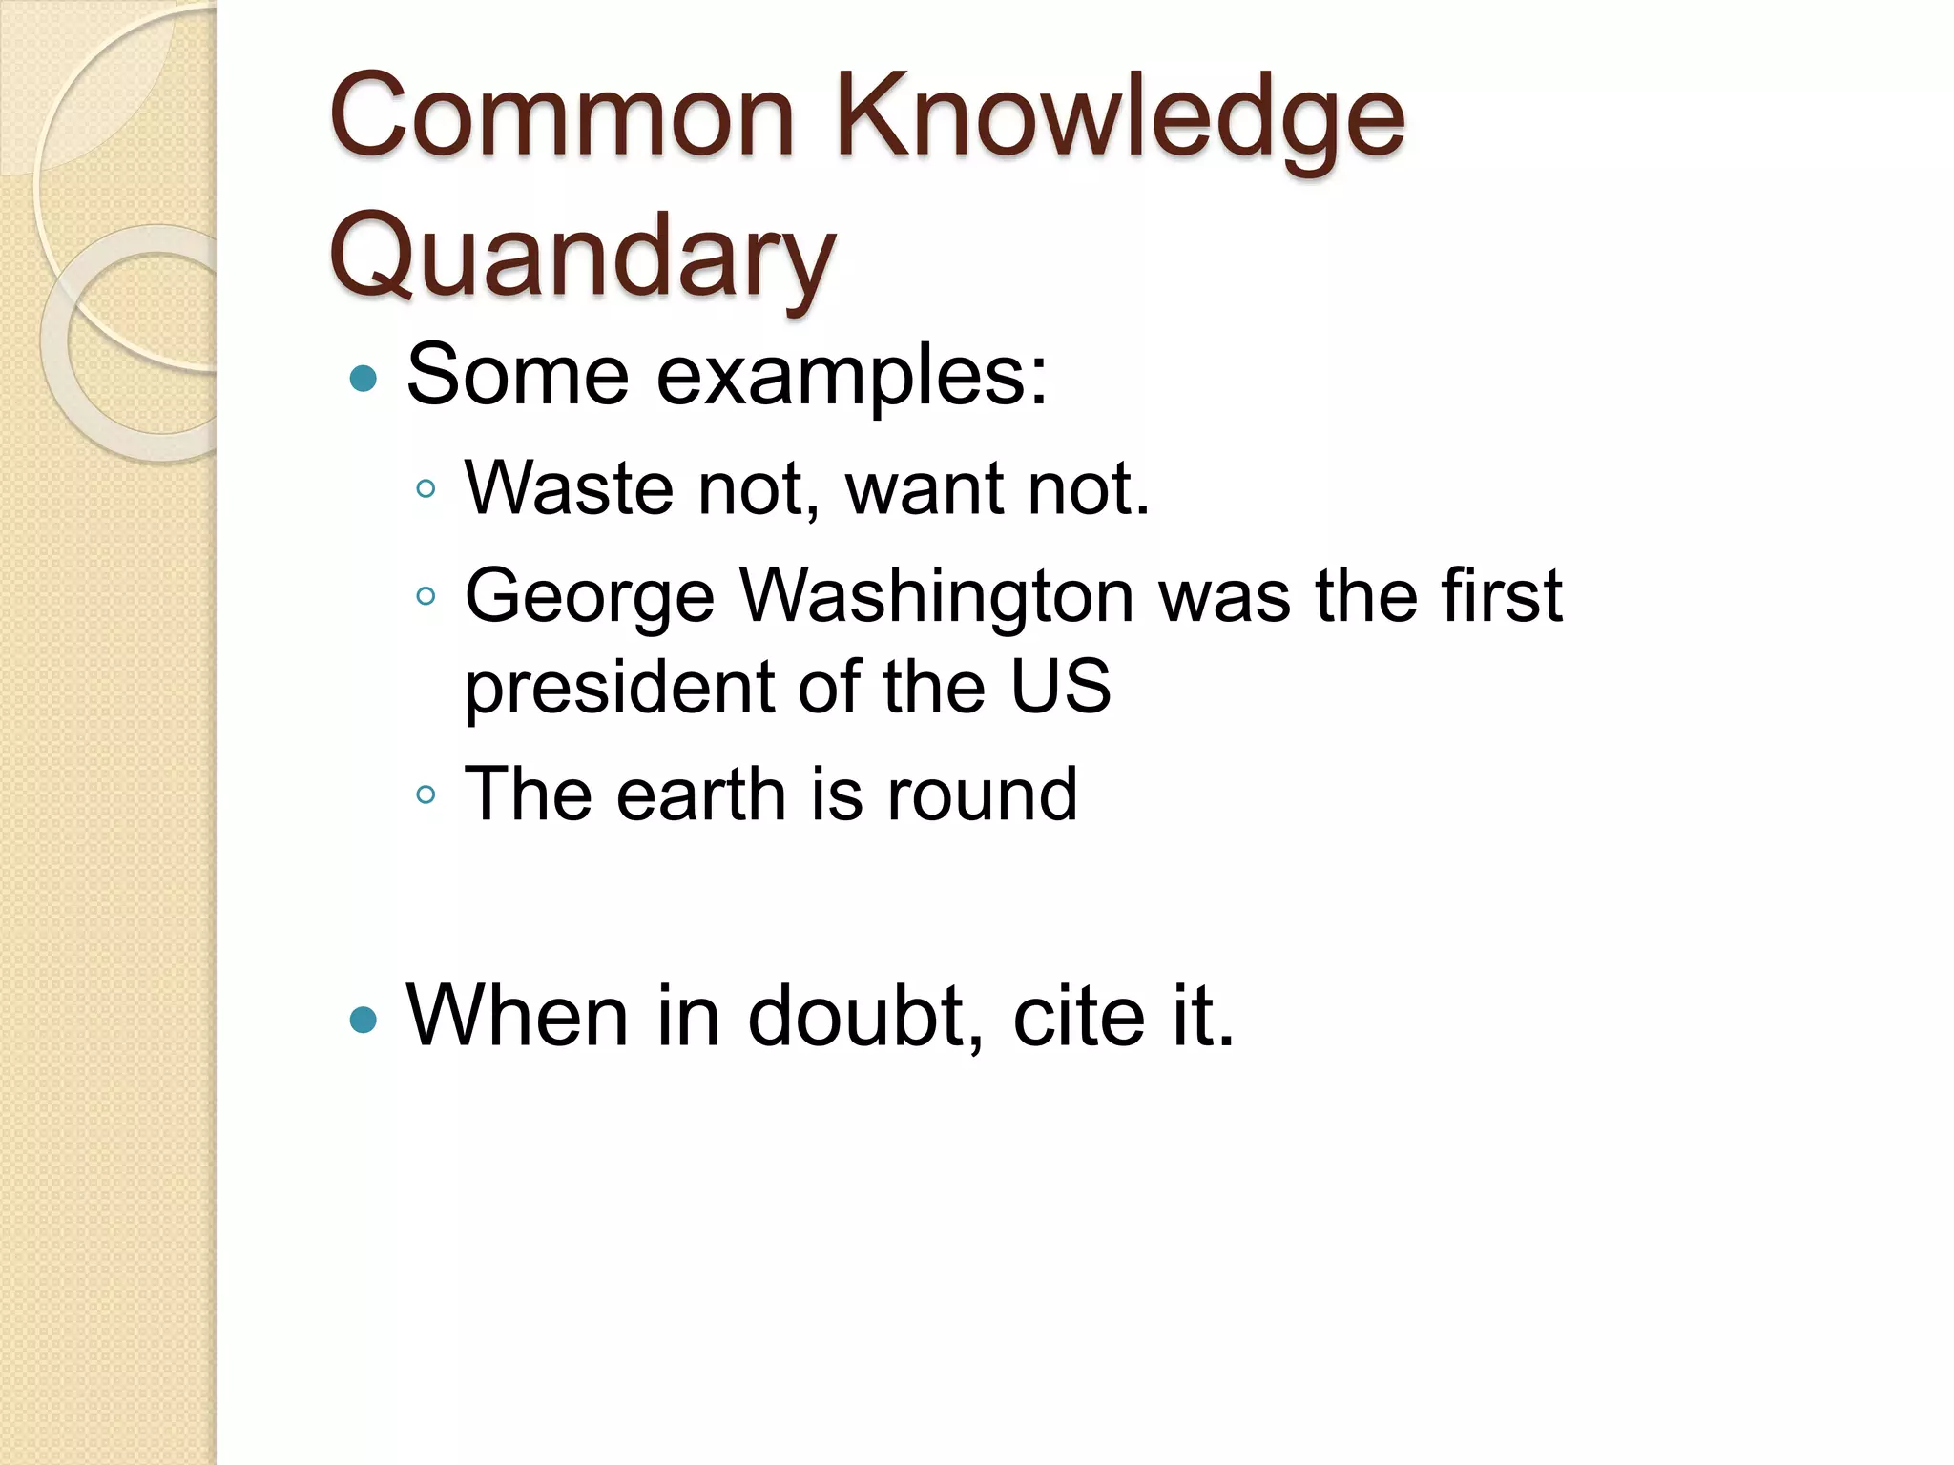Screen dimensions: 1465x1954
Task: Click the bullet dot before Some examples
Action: [364, 380]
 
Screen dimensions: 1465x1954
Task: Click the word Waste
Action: [569, 488]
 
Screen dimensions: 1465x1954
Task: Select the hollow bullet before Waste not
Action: [426, 490]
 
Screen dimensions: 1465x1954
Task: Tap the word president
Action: [620, 689]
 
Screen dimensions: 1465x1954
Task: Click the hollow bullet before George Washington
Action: [426, 597]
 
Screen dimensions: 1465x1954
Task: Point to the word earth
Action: [701, 794]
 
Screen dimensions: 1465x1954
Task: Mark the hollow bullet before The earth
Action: [426, 794]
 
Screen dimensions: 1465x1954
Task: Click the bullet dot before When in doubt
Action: [364, 1021]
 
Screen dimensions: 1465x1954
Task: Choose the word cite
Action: [1078, 1017]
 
